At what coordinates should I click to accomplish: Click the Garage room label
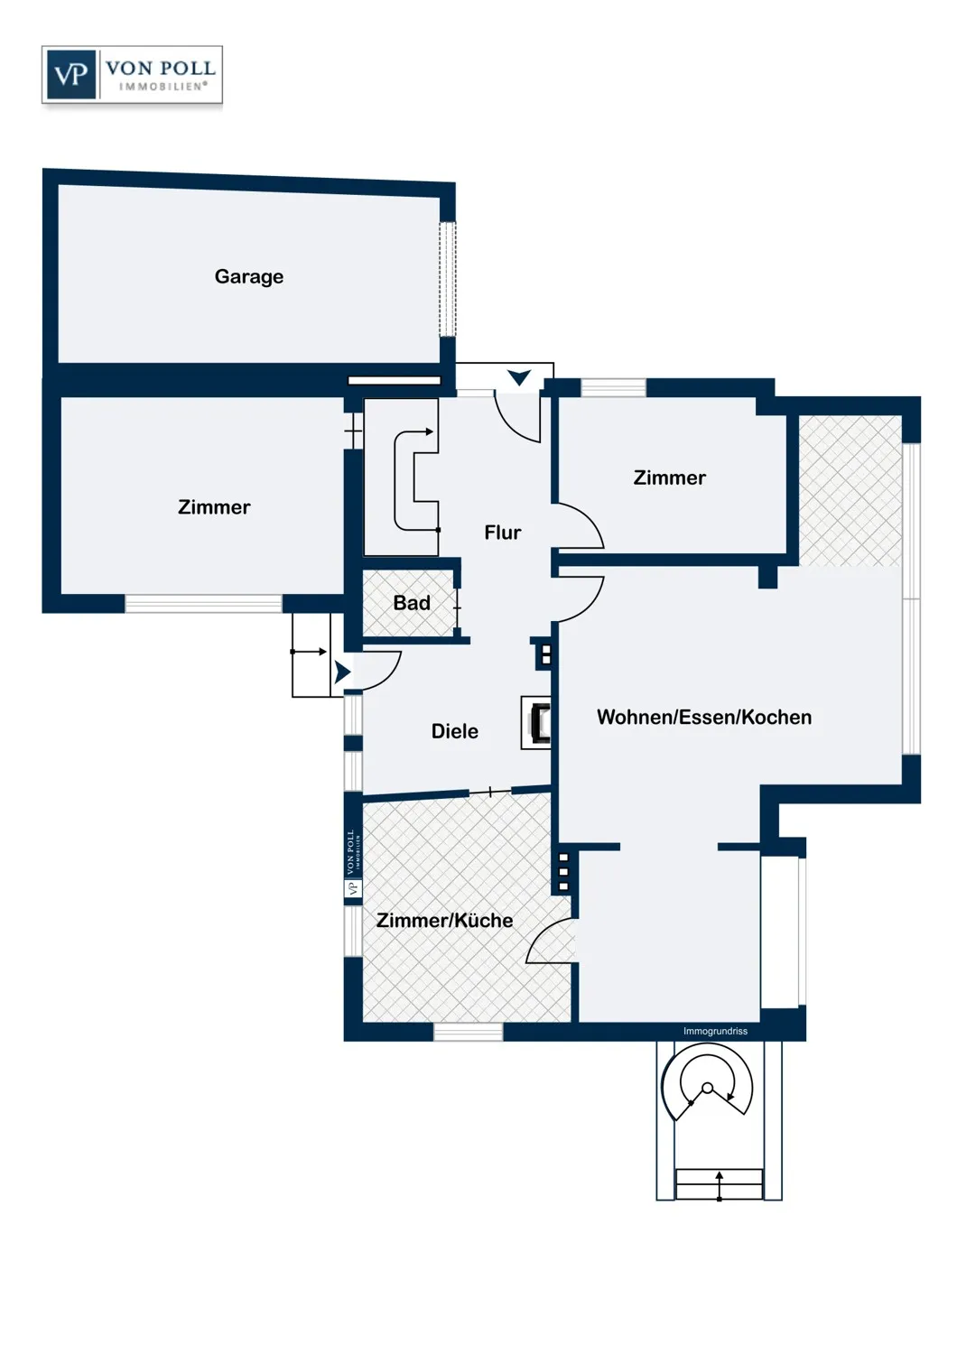[248, 277]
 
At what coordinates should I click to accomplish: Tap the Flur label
[502, 533]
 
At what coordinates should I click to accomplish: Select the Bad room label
[412, 603]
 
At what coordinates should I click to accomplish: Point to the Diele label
[455, 731]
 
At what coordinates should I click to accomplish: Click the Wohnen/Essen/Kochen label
[703, 717]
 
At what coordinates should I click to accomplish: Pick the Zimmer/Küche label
[444, 920]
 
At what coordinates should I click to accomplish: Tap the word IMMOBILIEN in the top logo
[162, 87]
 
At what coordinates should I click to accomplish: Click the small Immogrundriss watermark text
[715, 1031]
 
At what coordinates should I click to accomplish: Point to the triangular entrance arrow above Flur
[519, 378]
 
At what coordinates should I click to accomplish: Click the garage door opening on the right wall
[448, 279]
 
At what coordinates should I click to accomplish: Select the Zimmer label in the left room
[214, 507]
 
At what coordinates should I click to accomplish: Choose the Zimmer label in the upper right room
[669, 478]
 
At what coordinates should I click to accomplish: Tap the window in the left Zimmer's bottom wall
[203, 603]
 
